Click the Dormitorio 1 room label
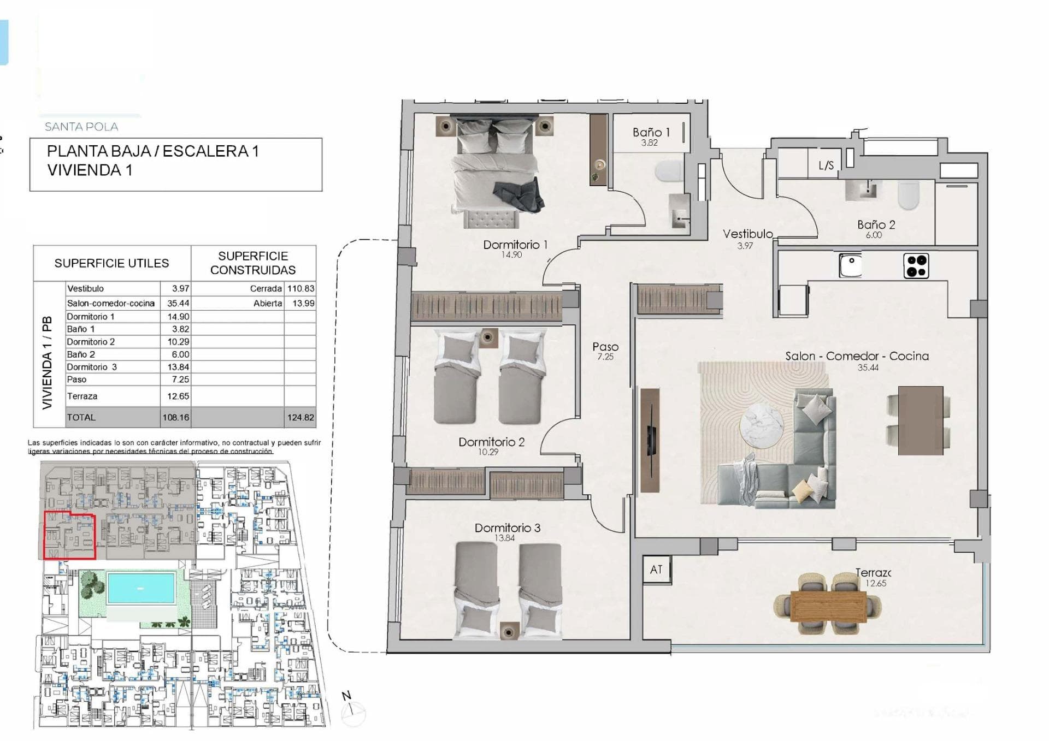[515, 245]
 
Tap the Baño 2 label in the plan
[876, 224]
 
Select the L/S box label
[826, 165]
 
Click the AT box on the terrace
[656, 570]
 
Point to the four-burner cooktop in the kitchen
[916, 266]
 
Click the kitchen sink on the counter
[850, 265]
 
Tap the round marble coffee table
[762, 425]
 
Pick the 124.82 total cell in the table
[300, 417]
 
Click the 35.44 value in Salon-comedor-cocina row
[178, 303]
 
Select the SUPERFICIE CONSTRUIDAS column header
[253, 263]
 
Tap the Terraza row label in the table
[82, 396]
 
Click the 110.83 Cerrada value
[300, 288]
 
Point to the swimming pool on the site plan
[142, 587]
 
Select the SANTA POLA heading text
[81, 127]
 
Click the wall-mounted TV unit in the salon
[650, 440]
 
